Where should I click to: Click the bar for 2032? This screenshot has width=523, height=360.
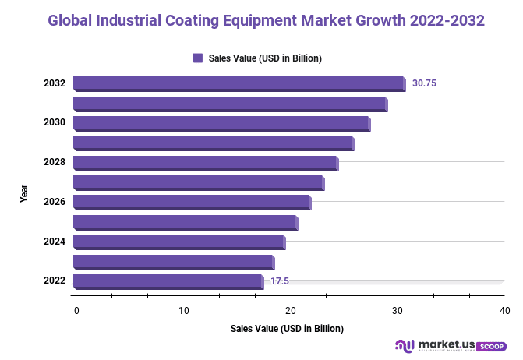239,84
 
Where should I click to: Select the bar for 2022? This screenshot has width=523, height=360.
168,281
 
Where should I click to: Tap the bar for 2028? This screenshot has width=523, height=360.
205,163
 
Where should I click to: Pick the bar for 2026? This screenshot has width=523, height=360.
191,203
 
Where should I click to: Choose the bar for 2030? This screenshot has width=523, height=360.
221,123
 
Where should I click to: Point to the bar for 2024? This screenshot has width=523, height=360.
178,242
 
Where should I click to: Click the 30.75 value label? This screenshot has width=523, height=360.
424,83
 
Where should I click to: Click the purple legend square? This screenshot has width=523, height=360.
198,58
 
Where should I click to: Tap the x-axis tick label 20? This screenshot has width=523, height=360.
291,311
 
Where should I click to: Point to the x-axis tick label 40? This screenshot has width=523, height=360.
505,311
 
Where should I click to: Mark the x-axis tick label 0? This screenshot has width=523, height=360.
76,311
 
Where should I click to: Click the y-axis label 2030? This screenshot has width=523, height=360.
54,123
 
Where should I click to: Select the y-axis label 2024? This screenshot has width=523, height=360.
54,242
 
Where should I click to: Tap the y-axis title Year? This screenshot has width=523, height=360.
24,193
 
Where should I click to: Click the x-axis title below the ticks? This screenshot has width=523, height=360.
287,329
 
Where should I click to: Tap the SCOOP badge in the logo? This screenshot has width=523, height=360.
491,345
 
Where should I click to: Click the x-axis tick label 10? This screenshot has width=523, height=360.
184,311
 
